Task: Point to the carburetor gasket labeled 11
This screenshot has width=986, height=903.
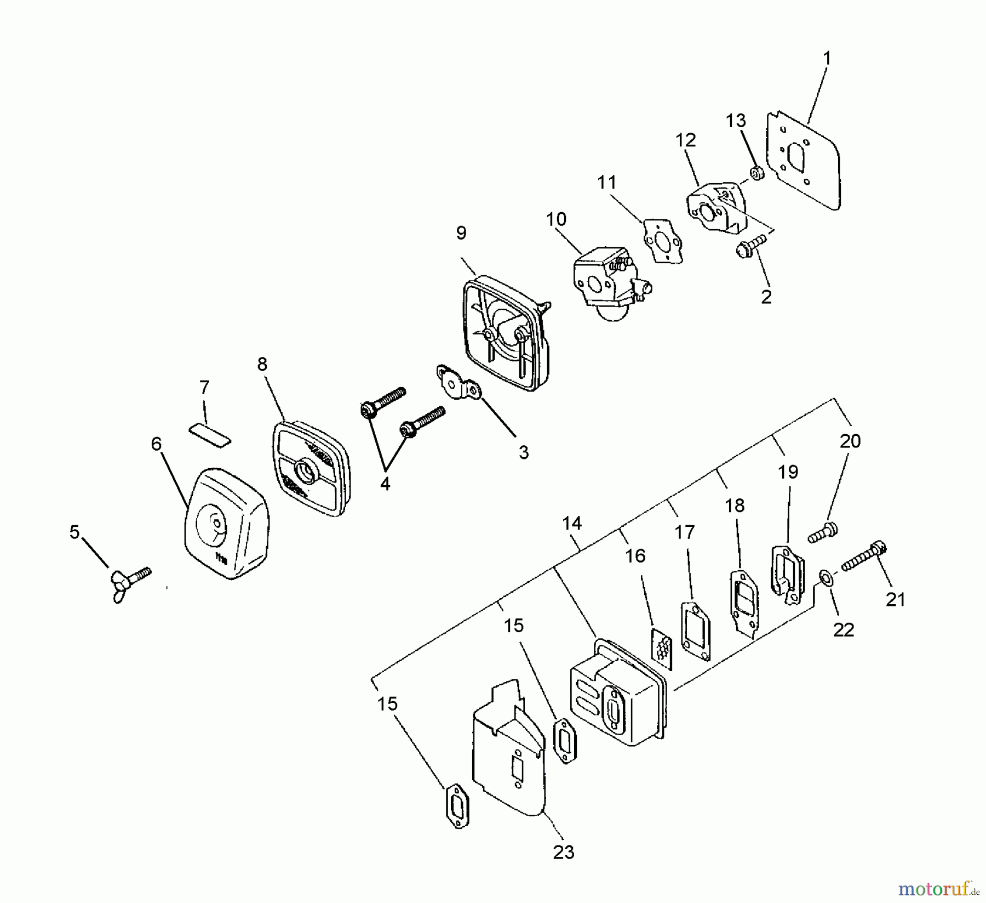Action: (662, 241)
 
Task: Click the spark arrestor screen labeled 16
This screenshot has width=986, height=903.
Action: (662, 648)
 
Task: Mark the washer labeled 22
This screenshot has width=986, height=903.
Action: (824, 577)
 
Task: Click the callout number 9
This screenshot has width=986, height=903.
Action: (461, 233)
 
